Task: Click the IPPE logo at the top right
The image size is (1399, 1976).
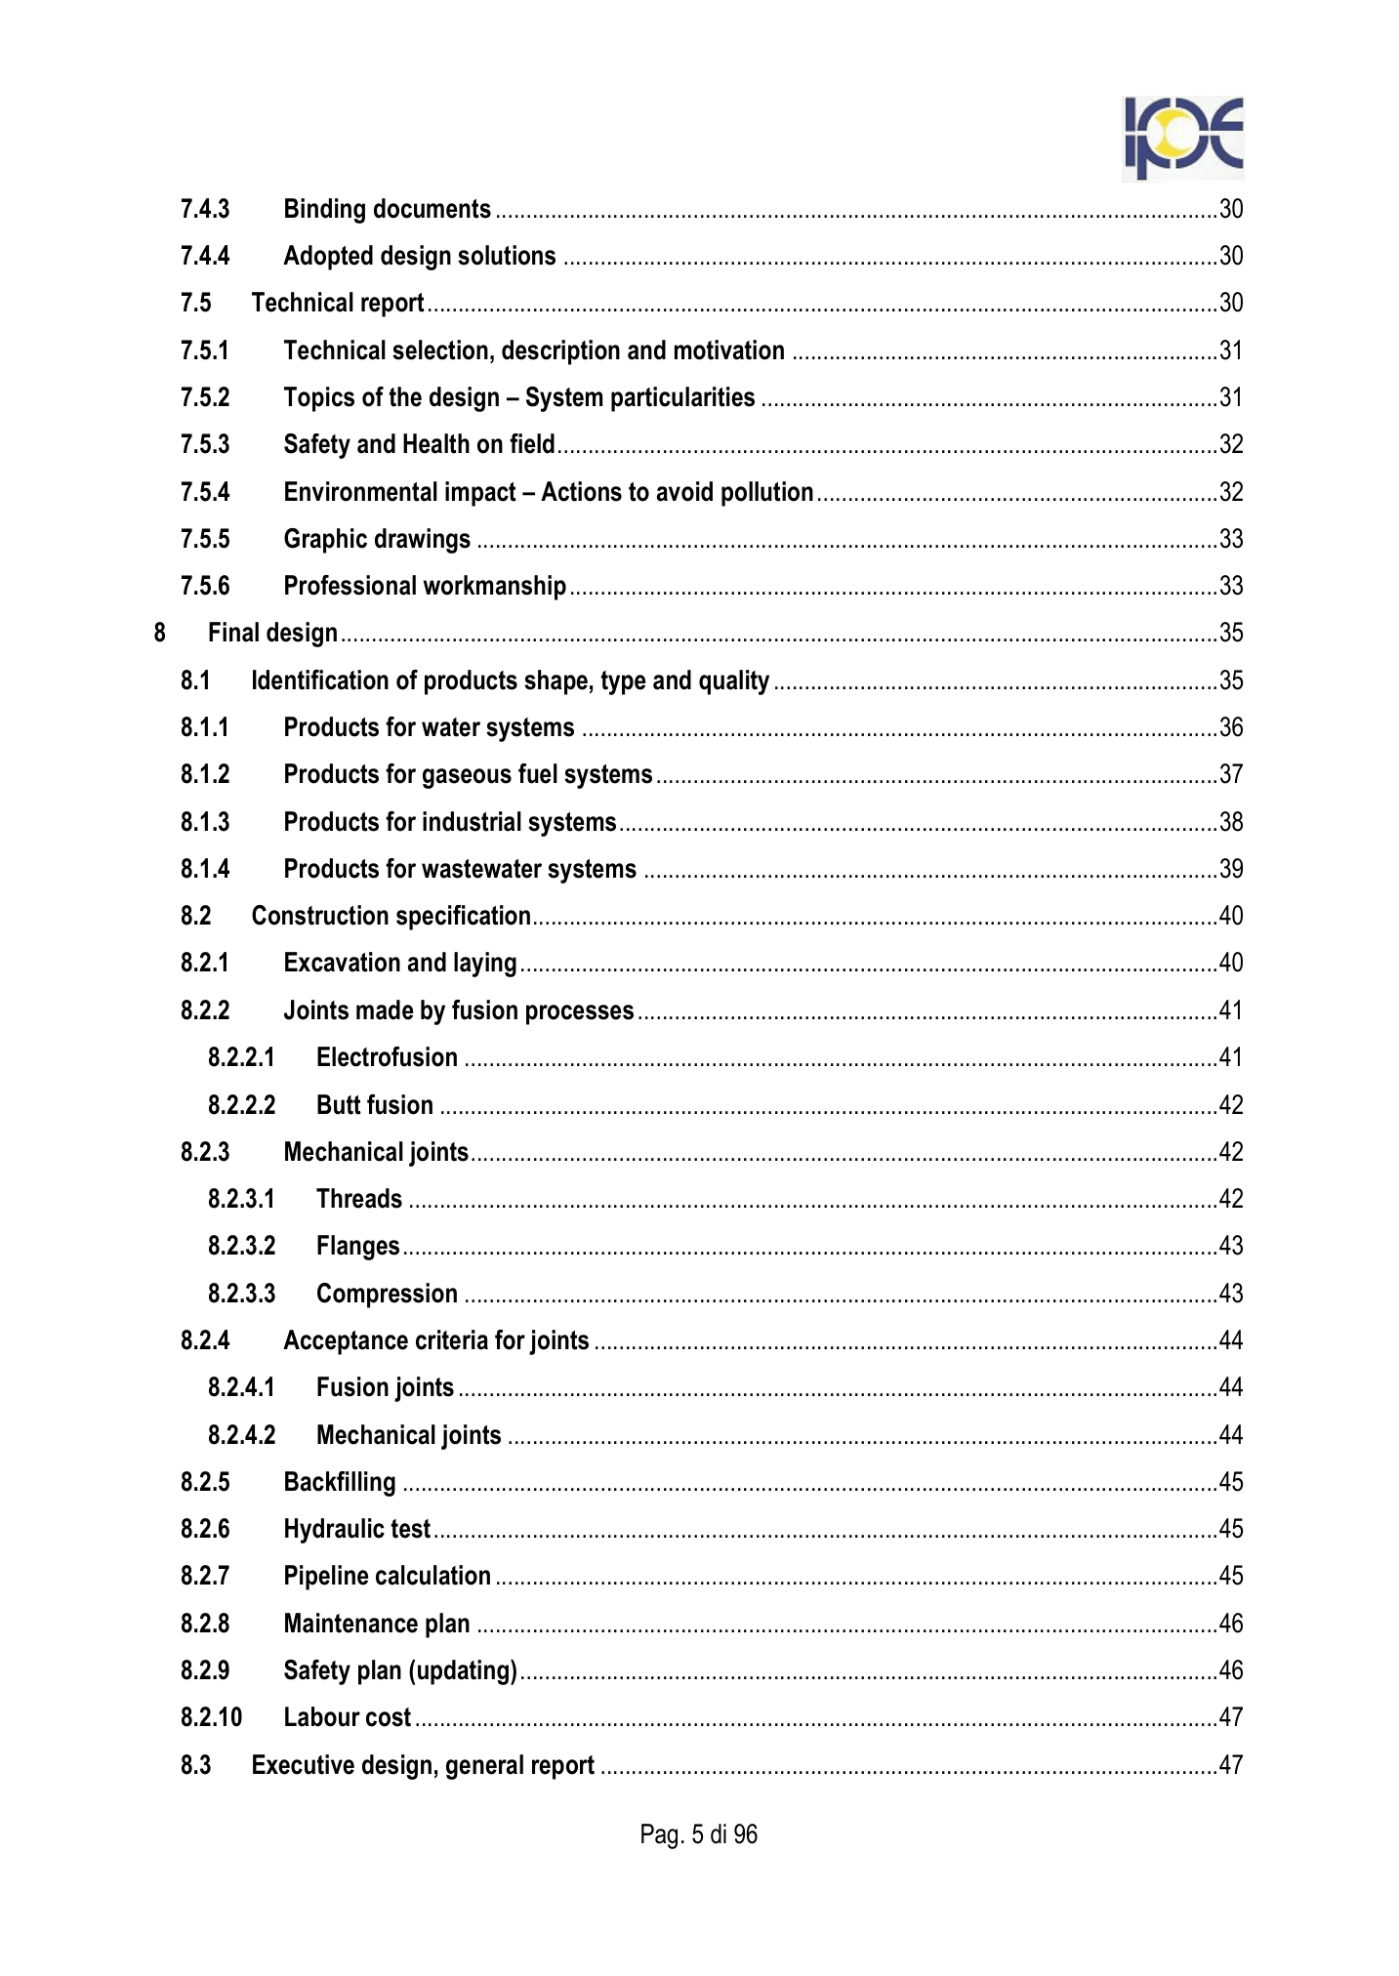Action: coord(1182,139)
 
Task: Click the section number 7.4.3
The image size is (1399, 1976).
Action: coord(205,209)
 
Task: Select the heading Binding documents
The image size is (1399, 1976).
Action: coord(387,209)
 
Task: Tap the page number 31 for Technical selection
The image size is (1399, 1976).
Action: coord(1231,350)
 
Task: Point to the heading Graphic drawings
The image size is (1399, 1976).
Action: coord(377,539)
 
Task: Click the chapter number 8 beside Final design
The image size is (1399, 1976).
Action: coord(160,633)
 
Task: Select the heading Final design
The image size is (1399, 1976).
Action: coord(272,633)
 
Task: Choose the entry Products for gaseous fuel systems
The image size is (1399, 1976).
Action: coord(468,774)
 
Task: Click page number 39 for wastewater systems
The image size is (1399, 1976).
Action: coord(1231,869)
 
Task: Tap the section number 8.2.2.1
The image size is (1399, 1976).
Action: coord(241,1057)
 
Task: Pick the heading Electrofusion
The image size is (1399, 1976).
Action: coord(387,1057)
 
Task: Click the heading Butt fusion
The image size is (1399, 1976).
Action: coord(375,1105)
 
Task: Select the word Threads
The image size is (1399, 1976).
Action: coord(359,1199)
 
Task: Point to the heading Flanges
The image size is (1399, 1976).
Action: coord(358,1246)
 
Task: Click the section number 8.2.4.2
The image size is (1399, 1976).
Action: coord(241,1435)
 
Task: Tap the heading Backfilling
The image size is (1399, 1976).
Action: coord(340,1482)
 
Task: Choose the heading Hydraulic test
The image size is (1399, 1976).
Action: coord(356,1529)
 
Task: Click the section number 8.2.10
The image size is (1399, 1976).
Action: coord(211,1717)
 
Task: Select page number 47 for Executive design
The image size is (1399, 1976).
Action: coord(1231,1765)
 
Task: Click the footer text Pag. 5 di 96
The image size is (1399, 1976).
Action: coord(699,1835)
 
